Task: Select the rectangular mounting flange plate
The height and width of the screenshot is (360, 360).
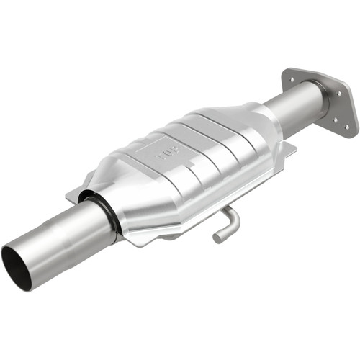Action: [320, 101]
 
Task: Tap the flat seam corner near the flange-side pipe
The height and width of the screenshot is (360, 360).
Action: [289, 148]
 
